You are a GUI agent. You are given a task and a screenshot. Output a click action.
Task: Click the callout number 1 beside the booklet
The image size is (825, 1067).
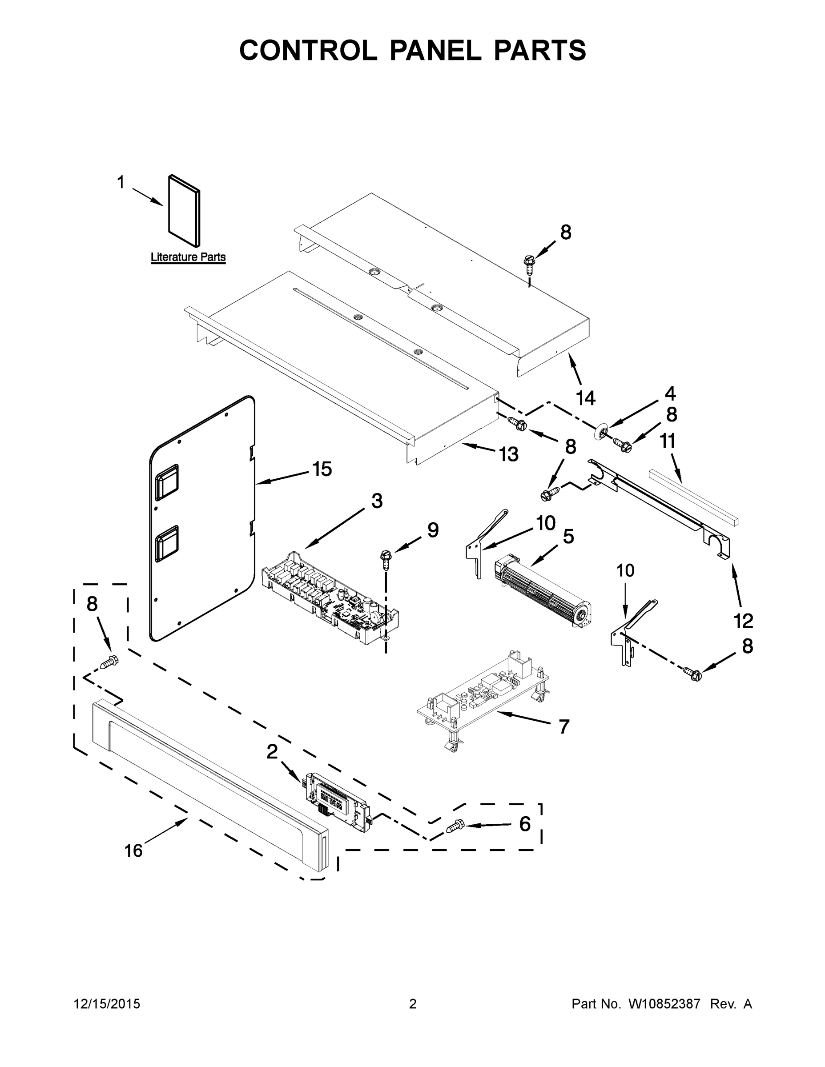121,183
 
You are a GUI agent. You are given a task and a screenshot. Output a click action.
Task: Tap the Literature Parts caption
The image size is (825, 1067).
188,257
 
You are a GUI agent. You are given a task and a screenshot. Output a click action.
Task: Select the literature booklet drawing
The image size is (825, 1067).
184,211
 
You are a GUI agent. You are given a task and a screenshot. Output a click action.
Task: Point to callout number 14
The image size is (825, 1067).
586,398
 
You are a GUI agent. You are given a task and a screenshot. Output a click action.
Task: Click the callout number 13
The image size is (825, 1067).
508,455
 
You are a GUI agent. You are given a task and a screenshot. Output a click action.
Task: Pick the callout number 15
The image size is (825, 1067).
322,469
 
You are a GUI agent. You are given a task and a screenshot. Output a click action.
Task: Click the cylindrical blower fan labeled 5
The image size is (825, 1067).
543,591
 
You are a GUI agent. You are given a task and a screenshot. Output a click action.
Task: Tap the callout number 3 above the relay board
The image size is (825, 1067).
377,501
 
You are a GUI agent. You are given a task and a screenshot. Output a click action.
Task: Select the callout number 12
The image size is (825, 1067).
743,621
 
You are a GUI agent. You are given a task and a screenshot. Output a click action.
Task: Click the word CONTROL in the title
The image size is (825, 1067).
307,50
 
